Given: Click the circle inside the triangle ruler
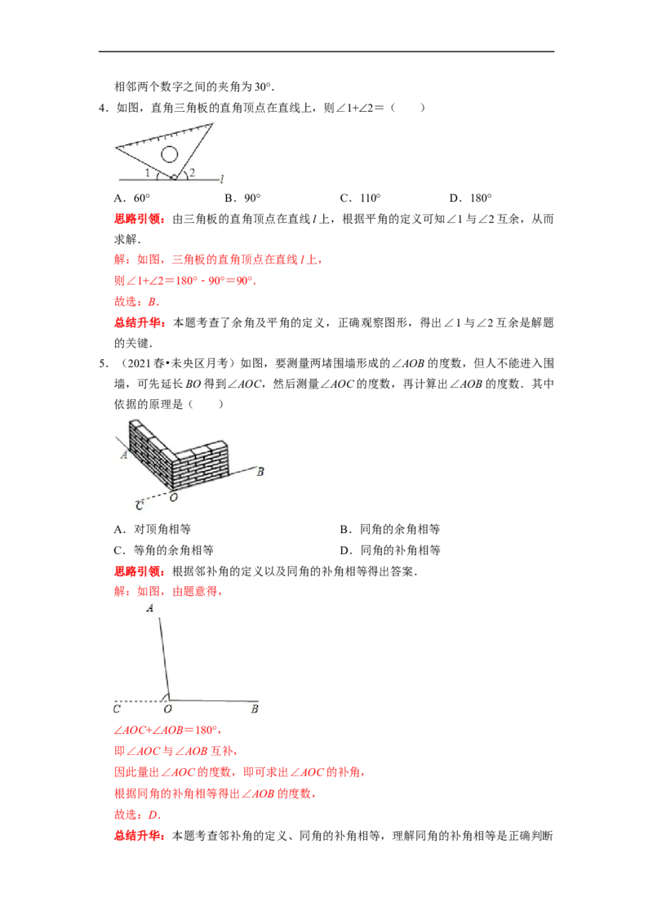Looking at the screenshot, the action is tap(169, 147).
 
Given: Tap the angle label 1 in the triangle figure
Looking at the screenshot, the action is tap(148, 173).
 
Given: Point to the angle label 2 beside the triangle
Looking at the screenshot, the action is tap(192, 173).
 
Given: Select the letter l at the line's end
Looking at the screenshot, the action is tap(221, 178).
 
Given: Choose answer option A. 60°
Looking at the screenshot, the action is tap(132, 198).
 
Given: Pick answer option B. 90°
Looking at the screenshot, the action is tap(242, 198).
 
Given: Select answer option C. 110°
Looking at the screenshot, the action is tap(361, 198).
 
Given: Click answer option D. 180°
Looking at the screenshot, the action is tap(470, 198).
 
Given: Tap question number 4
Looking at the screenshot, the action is tap(104, 108).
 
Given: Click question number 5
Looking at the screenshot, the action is tap(104, 363).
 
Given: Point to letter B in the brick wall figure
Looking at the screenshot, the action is tap(260, 472).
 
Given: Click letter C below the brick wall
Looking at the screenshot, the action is tap(140, 505).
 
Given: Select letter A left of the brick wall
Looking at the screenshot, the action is tap(124, 455).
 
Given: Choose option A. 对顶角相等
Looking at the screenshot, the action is tap(152, 529).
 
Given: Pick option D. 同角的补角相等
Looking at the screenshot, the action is tap(390, 550).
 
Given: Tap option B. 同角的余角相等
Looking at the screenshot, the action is tap(390, 529).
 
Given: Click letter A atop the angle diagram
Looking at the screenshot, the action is tap(150, 608).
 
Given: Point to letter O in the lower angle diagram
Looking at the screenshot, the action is tap(168, 709).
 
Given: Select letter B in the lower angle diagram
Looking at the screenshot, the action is tap(255, 709).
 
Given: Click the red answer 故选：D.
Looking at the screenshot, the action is tap(137, 815).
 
